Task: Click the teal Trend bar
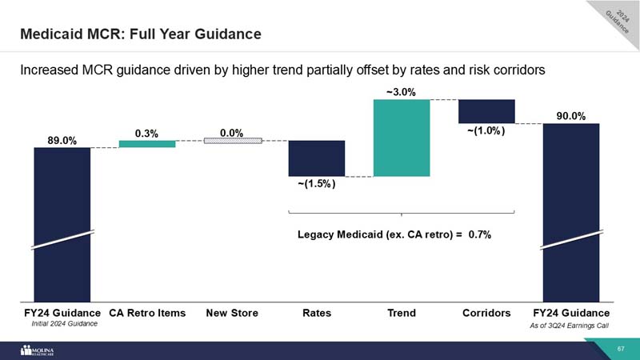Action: (x=402, y=138)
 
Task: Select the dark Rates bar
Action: (x=316, y=158)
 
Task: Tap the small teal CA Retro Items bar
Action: (x=147, y=144)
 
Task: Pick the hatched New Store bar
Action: (x=232, y=141)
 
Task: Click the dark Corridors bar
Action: (x=486, y=111)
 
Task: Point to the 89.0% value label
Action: (x=62, y=140)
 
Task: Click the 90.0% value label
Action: (x=571, y=116)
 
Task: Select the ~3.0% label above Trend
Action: (x=401, y=92)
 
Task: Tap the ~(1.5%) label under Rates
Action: (x=316, y=185)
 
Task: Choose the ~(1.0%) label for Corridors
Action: (x=486, y=132)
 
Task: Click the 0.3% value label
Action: (x=146, y=133)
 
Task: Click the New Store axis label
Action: (x=232, y=313)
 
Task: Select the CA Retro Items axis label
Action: (x=147, y=313)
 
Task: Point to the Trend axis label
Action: (x=401, y=313)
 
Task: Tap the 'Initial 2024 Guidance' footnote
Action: (x=63, y=324)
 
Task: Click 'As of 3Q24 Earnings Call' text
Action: (x=570, y=327)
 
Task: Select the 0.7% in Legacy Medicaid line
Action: (x=480, y=235)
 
